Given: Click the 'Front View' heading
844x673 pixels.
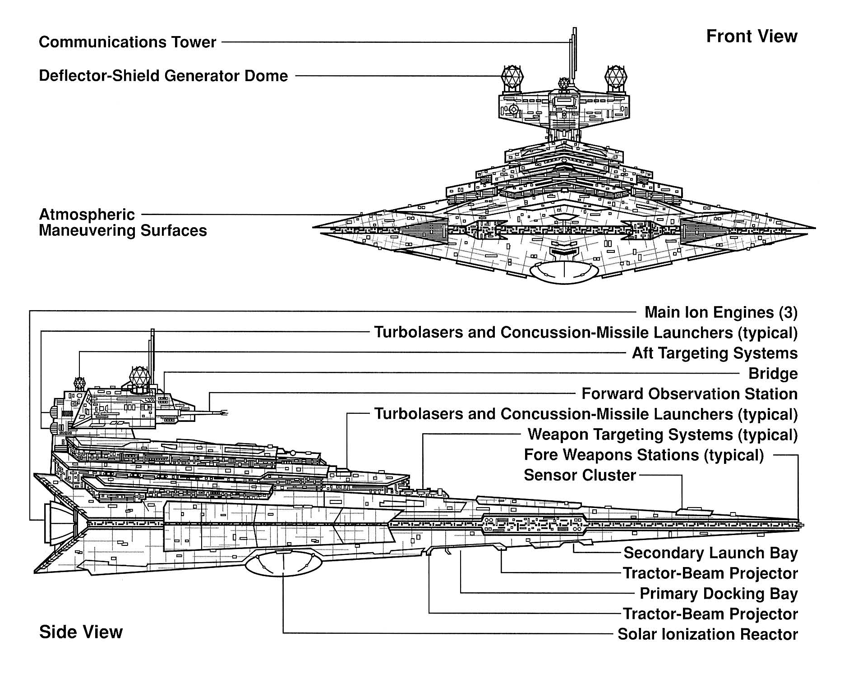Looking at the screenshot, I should click(752, 36).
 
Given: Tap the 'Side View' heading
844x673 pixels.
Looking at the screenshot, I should click(81, 632).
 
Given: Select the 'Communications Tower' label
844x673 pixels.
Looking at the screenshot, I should click(128, 42).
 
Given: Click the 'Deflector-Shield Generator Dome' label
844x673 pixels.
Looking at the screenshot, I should click(163, 76).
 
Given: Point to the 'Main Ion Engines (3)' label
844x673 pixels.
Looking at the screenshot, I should click(721, 312).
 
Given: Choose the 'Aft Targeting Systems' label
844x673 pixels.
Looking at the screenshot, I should click(715, 353).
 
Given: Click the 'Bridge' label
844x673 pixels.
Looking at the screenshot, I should click(773, 373).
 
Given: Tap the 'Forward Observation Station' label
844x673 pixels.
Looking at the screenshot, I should click(689, 394).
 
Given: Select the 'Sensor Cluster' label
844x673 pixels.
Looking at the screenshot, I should click(580, 475).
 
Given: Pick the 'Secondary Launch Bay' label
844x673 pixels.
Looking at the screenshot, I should click(710, 553).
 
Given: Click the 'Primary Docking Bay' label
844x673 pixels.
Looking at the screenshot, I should click(719, 594).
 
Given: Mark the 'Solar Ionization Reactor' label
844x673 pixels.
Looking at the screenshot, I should click(707, 634).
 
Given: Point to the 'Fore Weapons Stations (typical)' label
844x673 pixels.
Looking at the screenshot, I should click(644, 455).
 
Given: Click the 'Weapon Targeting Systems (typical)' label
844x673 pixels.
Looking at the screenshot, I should click(662, 435).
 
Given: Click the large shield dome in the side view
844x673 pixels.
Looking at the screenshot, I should click(139, 377).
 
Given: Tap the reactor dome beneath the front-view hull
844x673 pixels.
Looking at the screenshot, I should click(564, 272).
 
